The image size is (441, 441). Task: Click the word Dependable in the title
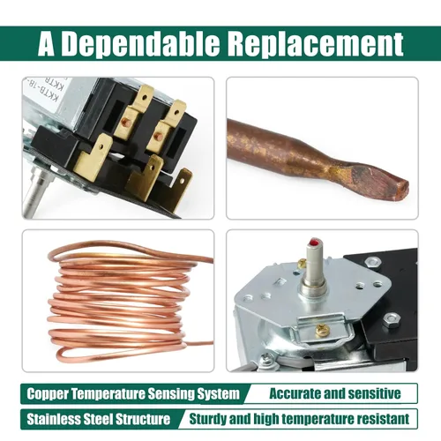point(140,44)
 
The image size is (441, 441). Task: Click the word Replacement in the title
point(316,44)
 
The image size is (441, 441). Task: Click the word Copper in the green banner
point(48,393)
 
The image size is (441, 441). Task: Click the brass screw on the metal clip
point(321,331)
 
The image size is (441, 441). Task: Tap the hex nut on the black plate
point(392,318)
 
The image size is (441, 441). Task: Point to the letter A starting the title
point(46,44)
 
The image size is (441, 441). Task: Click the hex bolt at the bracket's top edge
point(372,261)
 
